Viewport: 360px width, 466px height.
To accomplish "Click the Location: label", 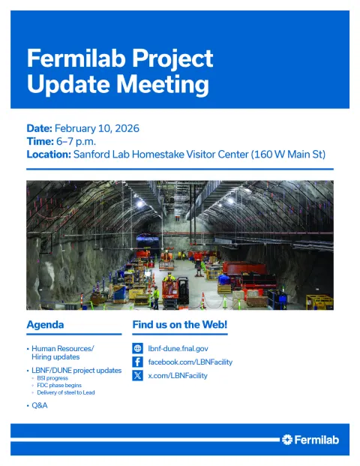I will tap(49, 155).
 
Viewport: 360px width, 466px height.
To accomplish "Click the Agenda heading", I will tap(45, 325).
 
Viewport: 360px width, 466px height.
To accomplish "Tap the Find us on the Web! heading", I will tap(179, 325).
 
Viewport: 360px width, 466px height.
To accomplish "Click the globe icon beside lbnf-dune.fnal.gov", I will tap(137, 348).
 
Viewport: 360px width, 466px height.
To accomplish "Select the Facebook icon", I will tap(137, 362).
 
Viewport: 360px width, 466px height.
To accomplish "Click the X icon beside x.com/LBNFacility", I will tap(137, 375).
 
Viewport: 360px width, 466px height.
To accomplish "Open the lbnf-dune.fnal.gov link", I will tap(178, 348).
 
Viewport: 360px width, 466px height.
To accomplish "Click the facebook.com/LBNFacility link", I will tap(190, 362).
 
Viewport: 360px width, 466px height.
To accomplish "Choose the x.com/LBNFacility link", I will tap(177, 375).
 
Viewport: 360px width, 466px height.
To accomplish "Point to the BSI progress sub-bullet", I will tap(53, 378).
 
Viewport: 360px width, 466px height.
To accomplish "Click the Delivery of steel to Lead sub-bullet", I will tap(66, 392).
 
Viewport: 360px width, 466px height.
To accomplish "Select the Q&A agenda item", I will tap(40, 406).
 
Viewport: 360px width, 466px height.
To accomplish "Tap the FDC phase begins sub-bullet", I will tap(58, 386).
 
